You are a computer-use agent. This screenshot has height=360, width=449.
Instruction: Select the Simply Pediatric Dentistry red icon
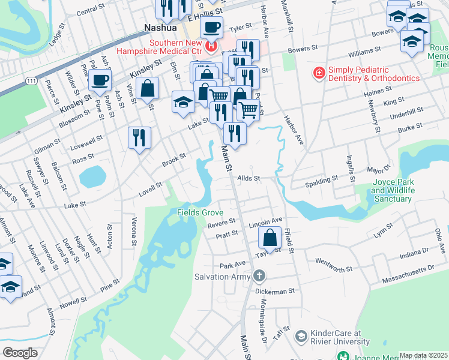click(320, 73)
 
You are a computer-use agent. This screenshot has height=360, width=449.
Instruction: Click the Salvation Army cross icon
click(259, 277)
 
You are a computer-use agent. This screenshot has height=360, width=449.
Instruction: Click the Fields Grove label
click(200, 213)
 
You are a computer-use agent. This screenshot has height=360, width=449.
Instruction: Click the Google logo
click(20, 352)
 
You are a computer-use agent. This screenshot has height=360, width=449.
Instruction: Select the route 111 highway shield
click(32, 80)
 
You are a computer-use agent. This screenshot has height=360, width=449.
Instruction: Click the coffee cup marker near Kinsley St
click(100, 79)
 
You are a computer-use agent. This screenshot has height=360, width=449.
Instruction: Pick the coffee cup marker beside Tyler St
click(211, 27)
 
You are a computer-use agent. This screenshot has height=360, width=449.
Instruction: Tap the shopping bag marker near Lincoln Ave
click(270, 238)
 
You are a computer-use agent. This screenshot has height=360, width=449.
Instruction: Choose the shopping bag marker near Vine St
click(147, 89)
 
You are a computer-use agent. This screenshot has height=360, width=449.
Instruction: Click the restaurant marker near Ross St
click(139, 137)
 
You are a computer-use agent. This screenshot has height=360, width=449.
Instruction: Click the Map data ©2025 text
click(423, 355)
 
